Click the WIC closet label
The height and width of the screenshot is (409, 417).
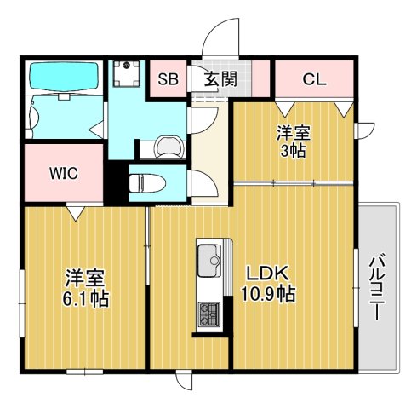pyautogui.click(x=63, y=173)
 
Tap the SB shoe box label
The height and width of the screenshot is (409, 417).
pyautogui.click(x=167, y=80)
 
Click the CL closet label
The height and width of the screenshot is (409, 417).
pyautogui.click(x=313, y=80)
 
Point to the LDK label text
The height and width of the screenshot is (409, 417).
pyautogui.click(x=270, y=274)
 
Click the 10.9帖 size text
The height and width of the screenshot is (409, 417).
pyautogui.click(x=270, y=296)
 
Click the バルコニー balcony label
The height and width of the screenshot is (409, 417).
pyautogui.click(x=374, y=286)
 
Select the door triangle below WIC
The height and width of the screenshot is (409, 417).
pyautogui.click(x=76, y=212)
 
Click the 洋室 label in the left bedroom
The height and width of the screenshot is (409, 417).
pyautogui.click(x=86, y=278)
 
